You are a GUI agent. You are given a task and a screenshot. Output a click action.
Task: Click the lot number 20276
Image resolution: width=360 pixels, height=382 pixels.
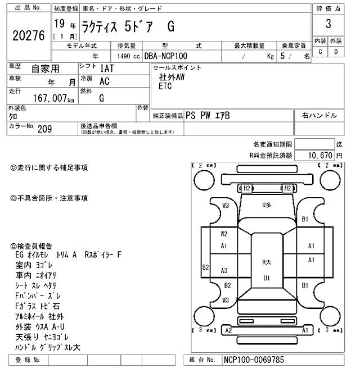pyautogui.click(x=28, y=35)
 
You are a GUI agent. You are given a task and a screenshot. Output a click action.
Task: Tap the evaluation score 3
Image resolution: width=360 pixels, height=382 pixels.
pyautogui.click(x=327, y=25)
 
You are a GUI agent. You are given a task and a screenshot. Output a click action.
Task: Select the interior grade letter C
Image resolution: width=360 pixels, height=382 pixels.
pyautogui.click(x=320, y=52)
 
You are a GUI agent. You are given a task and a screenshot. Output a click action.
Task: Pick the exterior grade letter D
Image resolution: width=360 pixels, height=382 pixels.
pyautogui.click(x=336, y=52)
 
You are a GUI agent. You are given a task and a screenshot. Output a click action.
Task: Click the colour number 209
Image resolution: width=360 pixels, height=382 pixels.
pyautogui.click(x=44, y=129)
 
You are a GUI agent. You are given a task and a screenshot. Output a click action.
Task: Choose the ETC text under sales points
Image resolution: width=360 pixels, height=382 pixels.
pyautogui.click(x=165, y=87)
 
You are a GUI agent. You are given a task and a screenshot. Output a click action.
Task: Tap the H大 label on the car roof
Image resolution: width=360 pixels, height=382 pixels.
pyautogui.click(x=267, y=262)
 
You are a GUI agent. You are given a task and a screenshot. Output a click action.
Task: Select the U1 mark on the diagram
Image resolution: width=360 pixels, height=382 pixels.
pyautogui.click(x=267, y=278)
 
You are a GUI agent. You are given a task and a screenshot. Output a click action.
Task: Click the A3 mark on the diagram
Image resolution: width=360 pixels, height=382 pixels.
pyautogui.click(x=224, y=270)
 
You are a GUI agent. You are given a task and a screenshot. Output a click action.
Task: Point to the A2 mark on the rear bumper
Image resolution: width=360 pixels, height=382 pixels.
pyautogui.click(x=228, y=331)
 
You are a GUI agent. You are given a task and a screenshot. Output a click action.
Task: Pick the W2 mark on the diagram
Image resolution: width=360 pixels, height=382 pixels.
pyautogui.click(x=224, y=234)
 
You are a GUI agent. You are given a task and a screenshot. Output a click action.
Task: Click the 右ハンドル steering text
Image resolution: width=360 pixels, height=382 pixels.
pyautogui.click(x=319, y=116)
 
